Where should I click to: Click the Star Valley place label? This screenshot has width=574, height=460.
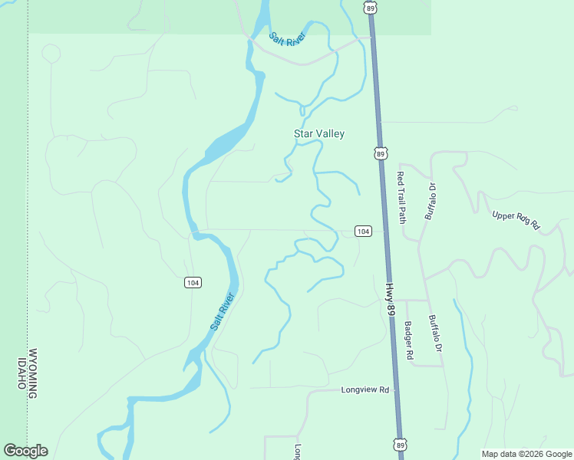(x=319, y=133)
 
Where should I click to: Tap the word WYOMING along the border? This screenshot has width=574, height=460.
(x=32, y=373)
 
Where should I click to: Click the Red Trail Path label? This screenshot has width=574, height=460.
(x=401, y=197)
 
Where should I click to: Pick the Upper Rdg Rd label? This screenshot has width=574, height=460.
(x=516, y=220)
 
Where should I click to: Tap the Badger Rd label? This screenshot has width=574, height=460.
(x=409, y=340)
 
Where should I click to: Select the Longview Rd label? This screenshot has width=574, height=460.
(x=365, y=389)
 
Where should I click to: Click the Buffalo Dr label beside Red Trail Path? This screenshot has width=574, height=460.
(x=430, y=202)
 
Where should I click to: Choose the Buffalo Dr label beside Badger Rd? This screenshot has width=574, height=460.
(x=436, y=334)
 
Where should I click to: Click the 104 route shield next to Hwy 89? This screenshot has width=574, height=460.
(x=363, y=232)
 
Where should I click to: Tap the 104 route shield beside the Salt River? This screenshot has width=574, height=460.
(x=193, y=282)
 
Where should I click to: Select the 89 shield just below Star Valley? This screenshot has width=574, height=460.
(x=380, y=153)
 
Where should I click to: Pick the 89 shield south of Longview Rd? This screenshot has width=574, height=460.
(x=399, y=445)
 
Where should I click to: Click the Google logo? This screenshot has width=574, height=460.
(x=25, y=451)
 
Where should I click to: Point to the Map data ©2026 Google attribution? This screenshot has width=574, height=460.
(x=526, y=454)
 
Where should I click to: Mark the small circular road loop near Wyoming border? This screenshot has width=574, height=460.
(x=51, y=54)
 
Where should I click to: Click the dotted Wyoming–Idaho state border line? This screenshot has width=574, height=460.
(x=28, y=230)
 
